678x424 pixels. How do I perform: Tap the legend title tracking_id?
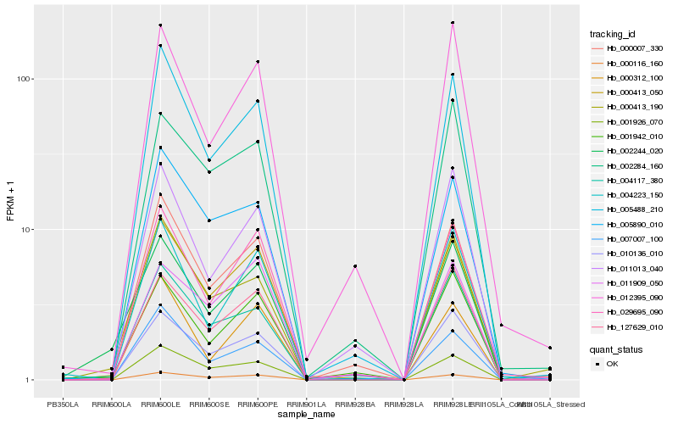[x=614, y=34]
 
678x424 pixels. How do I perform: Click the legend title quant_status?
[x=618, y=349]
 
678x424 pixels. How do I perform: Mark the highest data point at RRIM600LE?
[x=160, y=25]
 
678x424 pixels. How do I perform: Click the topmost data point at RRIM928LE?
[x=453, y=23]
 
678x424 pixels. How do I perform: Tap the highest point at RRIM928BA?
[x=355, y=266]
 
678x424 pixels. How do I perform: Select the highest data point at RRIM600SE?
[x=208, y=146]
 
